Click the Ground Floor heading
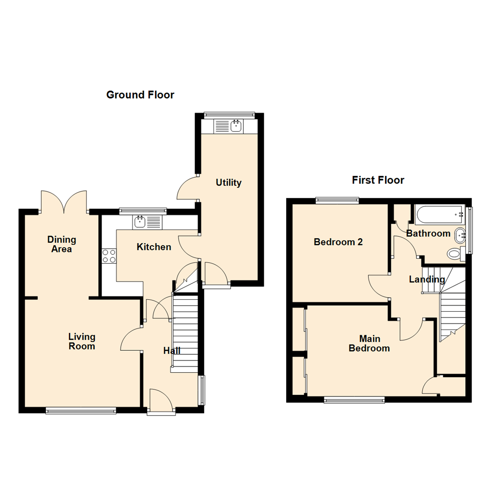(140, 95)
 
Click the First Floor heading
(378, 180)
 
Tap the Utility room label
(228, 183)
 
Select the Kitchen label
(154, 247)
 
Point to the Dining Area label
(61, 244)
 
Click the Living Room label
(82, 341)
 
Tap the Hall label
(172, 351)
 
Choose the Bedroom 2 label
(338, 242)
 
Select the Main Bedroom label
(369, 343)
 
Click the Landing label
(426, 279)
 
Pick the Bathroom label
(428, 234)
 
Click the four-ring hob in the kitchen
(108, 256)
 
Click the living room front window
(81, 410)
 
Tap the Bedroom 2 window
(337, 200)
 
